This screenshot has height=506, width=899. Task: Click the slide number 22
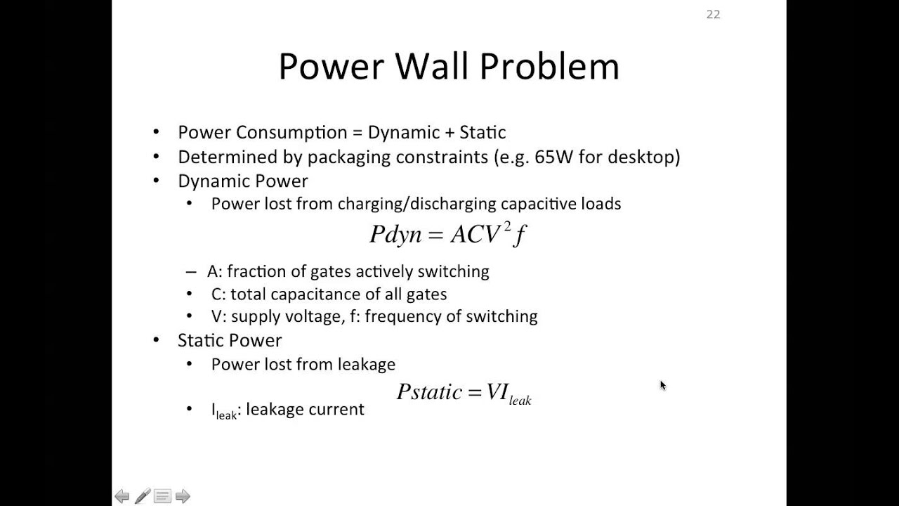[x=713, y=15]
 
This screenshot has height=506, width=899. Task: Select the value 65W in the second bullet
[x=553, y=157]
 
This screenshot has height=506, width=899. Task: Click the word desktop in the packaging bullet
[x=643, y=157]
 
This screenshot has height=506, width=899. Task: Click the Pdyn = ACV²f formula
[x=448, y=234]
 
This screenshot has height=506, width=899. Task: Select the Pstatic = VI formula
[x=464, y=392]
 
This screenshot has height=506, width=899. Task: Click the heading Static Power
[x=230, y=340]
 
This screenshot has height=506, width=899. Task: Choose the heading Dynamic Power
[x=242, y=181]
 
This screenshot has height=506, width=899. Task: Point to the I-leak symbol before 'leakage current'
[x=224, y=410]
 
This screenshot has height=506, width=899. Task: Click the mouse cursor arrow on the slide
[x=662, y=385]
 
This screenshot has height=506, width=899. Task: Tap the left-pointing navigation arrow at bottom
[x=122, y=497]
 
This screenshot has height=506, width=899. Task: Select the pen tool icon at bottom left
[x=142, y=497]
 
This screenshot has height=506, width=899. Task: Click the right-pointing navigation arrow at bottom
[x=183, y=497]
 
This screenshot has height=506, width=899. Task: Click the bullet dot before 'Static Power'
[x=157, y=341]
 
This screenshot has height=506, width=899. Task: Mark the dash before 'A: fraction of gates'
[x=191, y=272]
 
